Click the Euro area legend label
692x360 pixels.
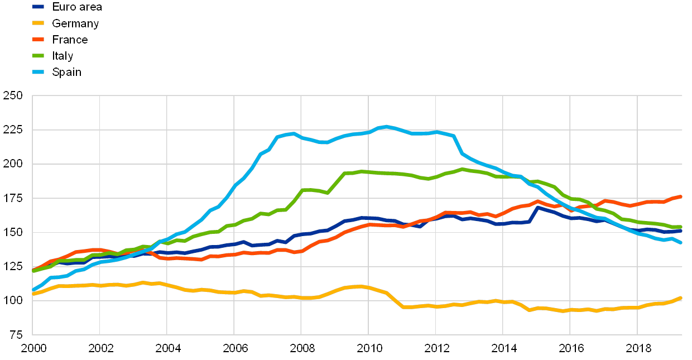point(76,7)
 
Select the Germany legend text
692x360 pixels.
point(75,23)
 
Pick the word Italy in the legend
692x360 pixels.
point(63,56)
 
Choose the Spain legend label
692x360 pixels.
point(66,72)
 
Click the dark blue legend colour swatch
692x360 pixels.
point(39,7)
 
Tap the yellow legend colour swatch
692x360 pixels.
point(39,23)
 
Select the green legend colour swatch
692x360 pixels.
point(39,56)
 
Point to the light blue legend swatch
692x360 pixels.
point(39,72)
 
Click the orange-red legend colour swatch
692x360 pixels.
point(39,40)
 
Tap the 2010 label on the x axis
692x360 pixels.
point(369,349)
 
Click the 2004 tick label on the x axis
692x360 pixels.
point(167,349)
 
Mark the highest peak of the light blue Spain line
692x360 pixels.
point(386,127)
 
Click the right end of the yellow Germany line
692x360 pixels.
point(681,298)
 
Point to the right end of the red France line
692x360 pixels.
point(681,196)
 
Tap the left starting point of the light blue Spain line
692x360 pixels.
point(33,290)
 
